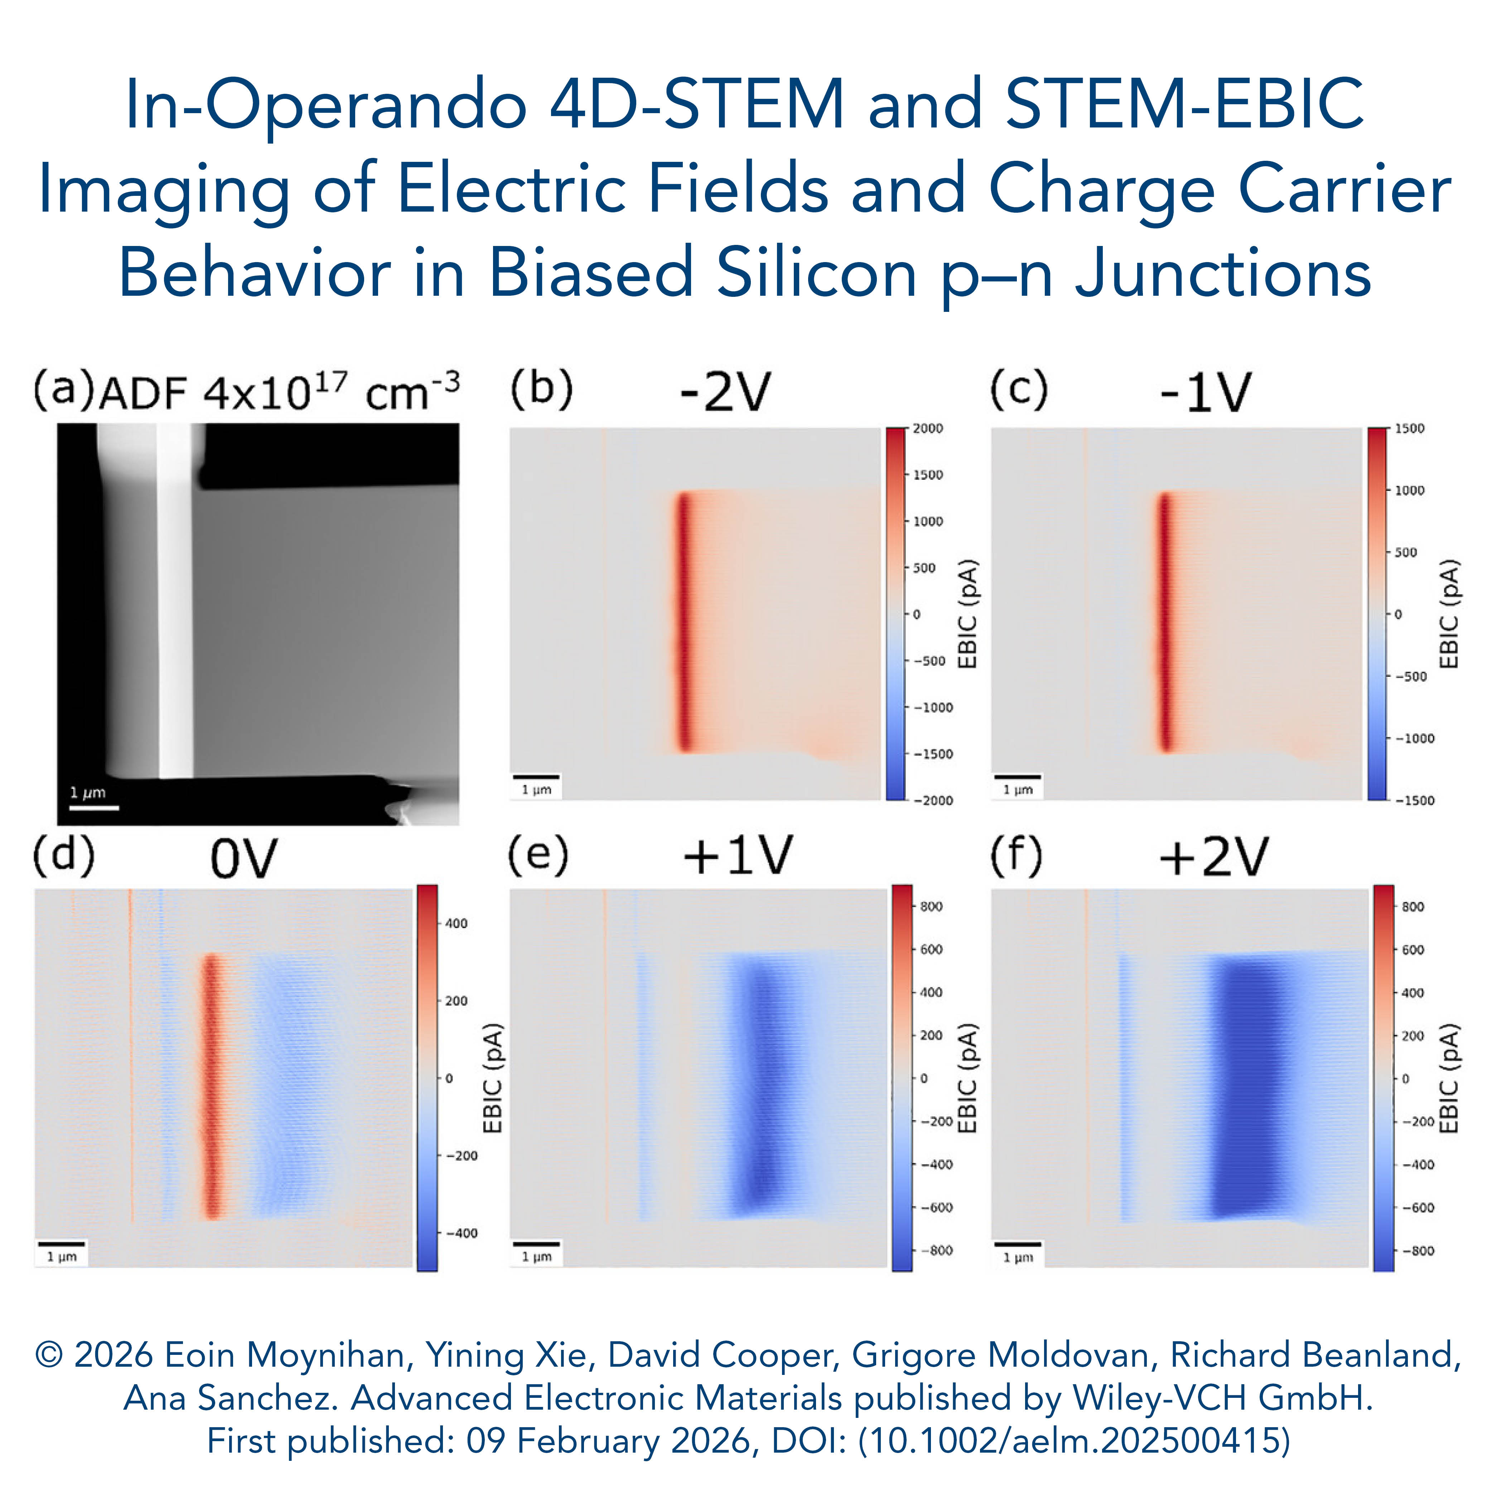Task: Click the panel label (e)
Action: [x=538, y=855]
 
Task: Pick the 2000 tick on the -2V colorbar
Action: [x=927, y=429]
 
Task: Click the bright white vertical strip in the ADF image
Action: [x=175, y=602]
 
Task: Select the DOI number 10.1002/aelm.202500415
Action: [x=1073, y=1440]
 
